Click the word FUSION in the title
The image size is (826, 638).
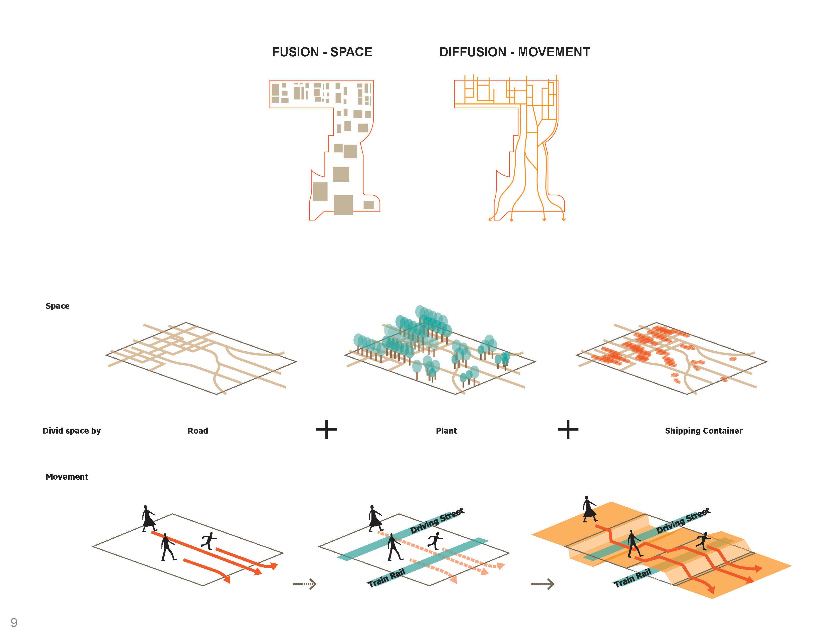(x=295, y=52)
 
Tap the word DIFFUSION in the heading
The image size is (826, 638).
(x=472, y=52)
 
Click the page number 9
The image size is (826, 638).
(x=14, y=622)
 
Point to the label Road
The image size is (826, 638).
(x=197, y=431)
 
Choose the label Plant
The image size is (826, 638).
(x=446, y=431)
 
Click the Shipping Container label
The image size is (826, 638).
(x=703, y=431)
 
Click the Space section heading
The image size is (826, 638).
(x=58, y=306)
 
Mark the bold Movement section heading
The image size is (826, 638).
(x=67, y=477)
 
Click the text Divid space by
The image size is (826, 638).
(x=72, y=431)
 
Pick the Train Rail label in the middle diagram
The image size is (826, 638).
(x=386, y=577)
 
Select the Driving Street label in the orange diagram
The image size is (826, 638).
(x=683, y=521)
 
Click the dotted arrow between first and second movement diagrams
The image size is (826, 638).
(x=305, y=584)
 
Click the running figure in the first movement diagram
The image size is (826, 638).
(x=209, y=540)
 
